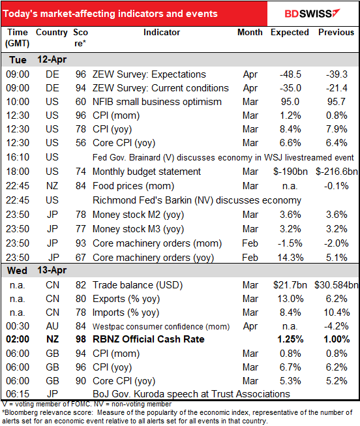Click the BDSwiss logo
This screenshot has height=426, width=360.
(x=312, y=14)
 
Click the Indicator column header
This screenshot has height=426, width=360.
(x=162, y=33)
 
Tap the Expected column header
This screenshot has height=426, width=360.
(x=290, y=33)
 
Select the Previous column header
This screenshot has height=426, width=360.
(x=336, y=33)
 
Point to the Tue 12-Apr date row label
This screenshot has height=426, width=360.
(x=38, y=60)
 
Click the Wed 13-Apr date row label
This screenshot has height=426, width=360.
(x=37, y=270)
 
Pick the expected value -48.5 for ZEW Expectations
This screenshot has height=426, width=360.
(x=290, y=74)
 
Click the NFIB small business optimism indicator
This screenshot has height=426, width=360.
(x=157, y=102)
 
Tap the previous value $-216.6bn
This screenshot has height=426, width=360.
(x=337, y=172)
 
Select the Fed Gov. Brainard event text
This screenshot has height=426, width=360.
(x=223, y=158)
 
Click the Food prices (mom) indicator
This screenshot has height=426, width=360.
(x=133, y=186)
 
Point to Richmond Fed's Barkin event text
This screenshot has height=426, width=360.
(x=197, y=200)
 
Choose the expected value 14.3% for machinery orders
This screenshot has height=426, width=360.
(x=290, y=258)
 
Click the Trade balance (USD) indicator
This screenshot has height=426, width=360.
(x=138, y=285)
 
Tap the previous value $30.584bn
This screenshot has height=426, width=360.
(x=337, y=285)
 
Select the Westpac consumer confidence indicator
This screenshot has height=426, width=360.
(x=161, y=326)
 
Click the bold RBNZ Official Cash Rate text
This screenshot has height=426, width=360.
(x=148, y=339)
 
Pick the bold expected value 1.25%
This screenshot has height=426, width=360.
(x=290, y=339)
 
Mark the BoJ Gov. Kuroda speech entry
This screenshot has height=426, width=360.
(x=191, y=394)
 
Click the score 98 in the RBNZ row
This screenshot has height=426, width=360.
(x=81, y=339)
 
